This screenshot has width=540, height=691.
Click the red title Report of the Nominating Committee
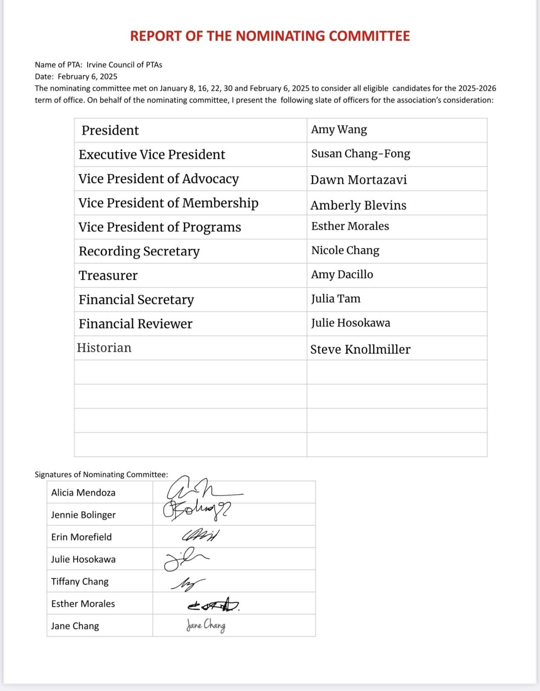tap(270, 36)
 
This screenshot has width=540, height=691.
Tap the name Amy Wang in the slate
tap(339, 130)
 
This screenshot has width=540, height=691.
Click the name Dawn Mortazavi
tap(358, 180)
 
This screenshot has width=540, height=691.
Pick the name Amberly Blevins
tap(358, 205)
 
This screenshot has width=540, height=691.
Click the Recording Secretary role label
tap(139, 251)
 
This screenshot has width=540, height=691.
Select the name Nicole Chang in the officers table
tap(345, 250)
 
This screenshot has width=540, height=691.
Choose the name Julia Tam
tap(335, 299)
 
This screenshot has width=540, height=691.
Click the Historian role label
tap(104, 348)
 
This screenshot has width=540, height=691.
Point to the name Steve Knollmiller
tap(360, 349)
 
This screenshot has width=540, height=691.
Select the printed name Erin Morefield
tap(81, 537)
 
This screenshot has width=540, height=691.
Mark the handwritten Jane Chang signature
tap(206, 626)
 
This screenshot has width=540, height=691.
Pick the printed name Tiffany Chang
tap(80, 581)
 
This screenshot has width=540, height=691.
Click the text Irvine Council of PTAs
tap(124, 65)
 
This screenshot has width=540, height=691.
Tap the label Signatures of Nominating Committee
tap(101, 474)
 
